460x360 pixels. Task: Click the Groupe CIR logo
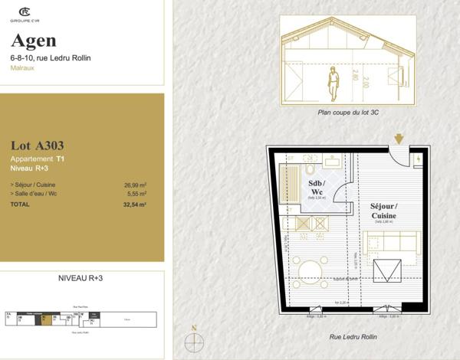25,13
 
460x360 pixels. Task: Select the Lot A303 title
38,145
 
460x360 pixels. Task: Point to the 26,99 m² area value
135,185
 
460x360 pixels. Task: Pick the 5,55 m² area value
136,195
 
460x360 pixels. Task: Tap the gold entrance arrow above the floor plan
398,139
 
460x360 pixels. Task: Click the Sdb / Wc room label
317,188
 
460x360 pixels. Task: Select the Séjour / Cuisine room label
384,211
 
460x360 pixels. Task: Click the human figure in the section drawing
333,83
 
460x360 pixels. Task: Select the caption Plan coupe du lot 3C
349,112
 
